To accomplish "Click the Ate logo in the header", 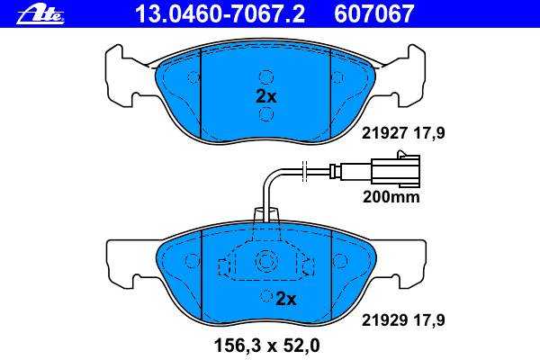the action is [40, 15].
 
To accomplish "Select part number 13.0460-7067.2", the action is [220, 14].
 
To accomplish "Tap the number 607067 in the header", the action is [373, 14].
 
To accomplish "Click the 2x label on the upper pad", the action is [266, 97].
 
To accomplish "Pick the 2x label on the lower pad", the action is [286, 299].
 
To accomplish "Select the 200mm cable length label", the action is [391, 197].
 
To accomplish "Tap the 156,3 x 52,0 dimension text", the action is [267, 346].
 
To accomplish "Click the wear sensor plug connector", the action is [396, 168].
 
